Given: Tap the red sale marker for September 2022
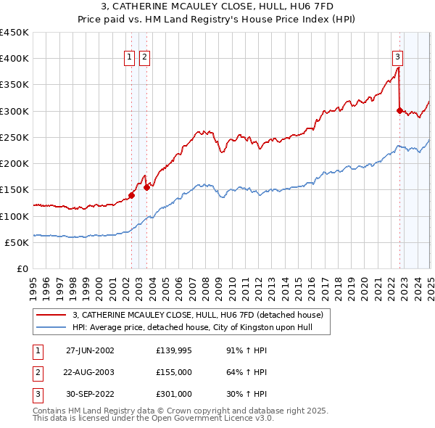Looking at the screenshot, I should [x=399, y=110].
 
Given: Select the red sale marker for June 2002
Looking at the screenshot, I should [x=132, y=194].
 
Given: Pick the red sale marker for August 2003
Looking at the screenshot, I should [x=146, y=186].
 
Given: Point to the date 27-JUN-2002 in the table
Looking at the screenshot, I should [x=90, y=350].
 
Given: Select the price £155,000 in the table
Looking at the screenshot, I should [x=174, y=372].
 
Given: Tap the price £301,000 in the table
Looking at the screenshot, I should [x=174, y=394].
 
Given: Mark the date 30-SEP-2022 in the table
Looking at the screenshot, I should [x=90, y=394].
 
